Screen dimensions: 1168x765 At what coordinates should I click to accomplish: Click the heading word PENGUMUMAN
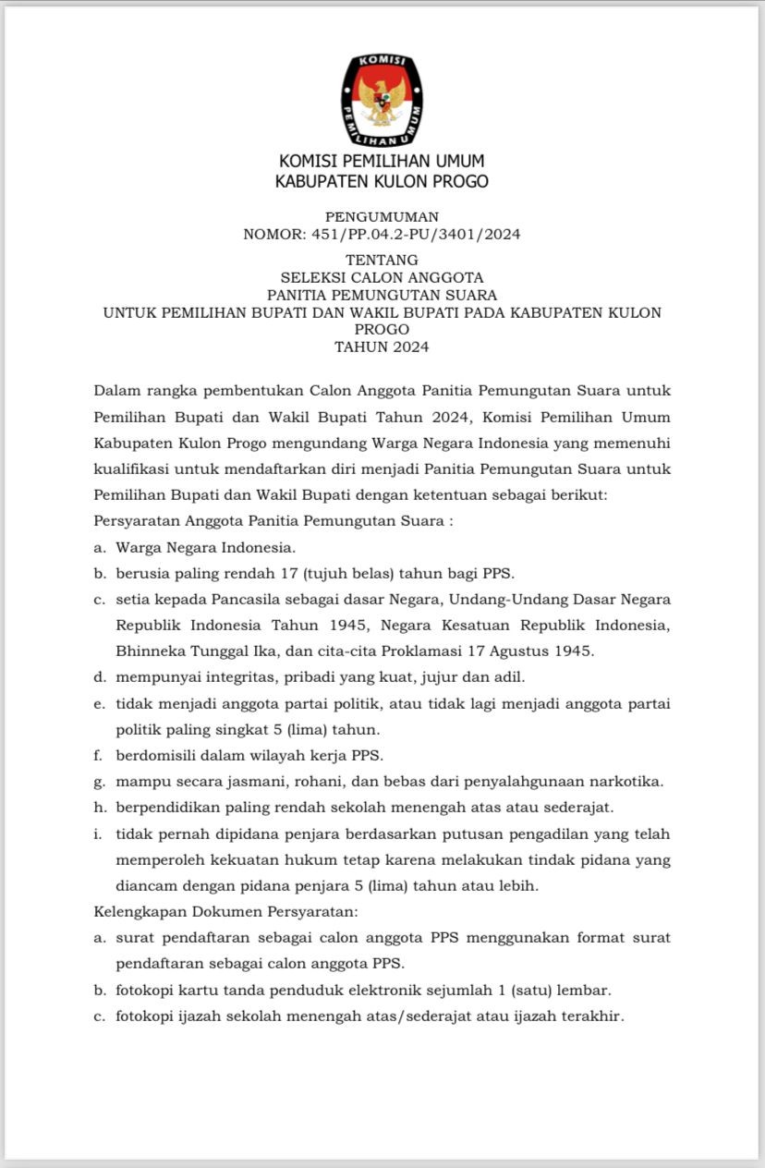click(382, 217)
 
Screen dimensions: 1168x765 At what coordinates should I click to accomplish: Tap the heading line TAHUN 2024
click(382, 347)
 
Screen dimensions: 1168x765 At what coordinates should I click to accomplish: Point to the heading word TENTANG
click(382, 261)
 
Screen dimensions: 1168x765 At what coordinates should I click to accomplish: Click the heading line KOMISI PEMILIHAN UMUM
click(382, 162)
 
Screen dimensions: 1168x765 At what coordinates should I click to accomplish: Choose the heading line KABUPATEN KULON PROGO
click(382, 182)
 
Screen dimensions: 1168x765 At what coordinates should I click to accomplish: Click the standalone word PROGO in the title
click(382, 330)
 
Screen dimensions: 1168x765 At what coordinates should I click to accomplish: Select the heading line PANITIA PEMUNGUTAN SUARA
click(382, 296)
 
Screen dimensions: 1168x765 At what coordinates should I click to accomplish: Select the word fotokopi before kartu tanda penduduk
click(148, 991)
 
